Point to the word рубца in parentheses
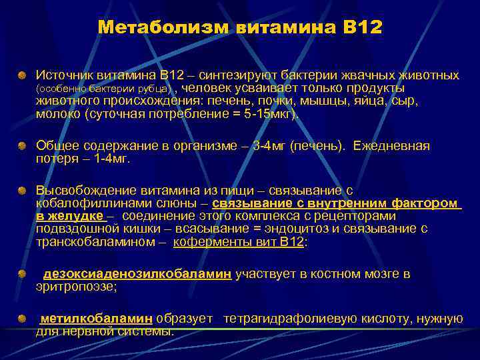[x=156, y=89]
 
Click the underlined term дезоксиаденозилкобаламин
[x=137, y=274]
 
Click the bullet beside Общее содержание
[x=23, y=146]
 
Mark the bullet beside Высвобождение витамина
[x=23, y=191]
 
